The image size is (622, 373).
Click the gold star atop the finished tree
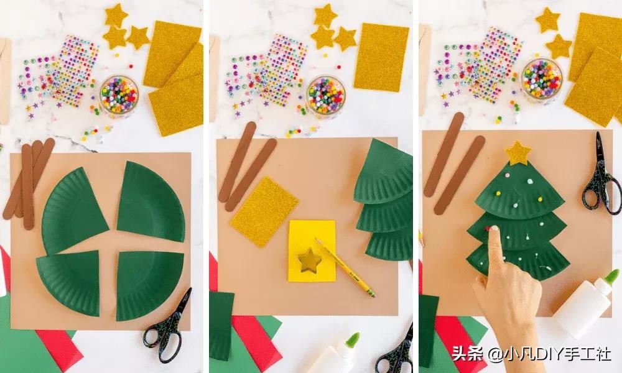tap(518, 152)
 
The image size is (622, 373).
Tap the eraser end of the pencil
tap(373, 295)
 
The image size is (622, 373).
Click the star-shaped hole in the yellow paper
tap(309, 260)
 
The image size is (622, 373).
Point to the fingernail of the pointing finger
tap(494, 229)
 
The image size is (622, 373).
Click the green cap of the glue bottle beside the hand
tap(611, 277)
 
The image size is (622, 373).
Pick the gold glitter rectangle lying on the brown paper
tap(264, 211)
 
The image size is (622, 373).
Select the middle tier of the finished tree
tap(517, 230)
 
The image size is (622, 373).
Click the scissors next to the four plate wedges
tap(168, 328)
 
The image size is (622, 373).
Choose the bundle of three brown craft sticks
tap(29, 183)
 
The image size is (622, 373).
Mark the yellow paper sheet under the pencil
tap(312, 251)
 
